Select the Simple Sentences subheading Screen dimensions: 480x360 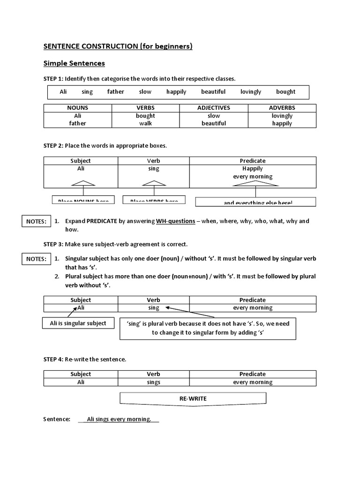tap(74, 63)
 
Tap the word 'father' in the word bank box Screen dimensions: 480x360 tap(115, 92)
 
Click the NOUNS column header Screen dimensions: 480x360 tap(78, 108)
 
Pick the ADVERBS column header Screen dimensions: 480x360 tap(282, 108)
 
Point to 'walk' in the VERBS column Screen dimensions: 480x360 tap(146, 123)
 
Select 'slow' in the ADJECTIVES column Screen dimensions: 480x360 tap(214, 116)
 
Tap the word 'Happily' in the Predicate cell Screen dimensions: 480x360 tap(253, 168)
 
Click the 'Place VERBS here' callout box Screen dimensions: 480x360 tap(154, 200)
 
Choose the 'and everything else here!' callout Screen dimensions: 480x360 tap(255, 202)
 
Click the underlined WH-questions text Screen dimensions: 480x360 tap(175, 221)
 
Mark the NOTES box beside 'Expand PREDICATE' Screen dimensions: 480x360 tap(36, 221)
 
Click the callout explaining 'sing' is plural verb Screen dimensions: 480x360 tap(208, 328)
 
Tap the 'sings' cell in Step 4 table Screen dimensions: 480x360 tap(153, 382)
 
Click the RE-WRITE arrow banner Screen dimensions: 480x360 tap(193, 398)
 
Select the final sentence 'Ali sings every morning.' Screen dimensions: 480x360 tap(119, 419)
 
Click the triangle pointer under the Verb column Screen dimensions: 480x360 tap(153, 183)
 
